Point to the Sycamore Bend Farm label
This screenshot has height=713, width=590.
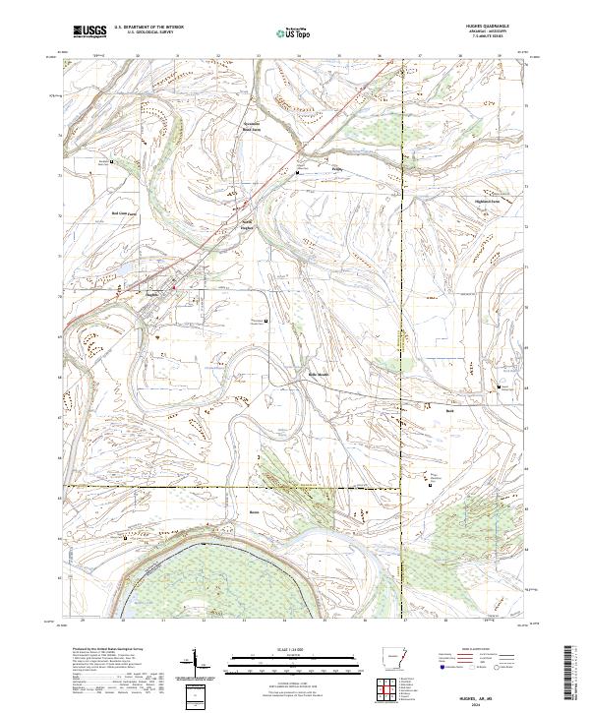pos(253,126)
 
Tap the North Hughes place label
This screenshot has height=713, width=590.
pos(249,224)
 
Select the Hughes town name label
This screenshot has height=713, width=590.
pos(152,293)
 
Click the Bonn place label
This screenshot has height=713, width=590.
pos(253,511)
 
